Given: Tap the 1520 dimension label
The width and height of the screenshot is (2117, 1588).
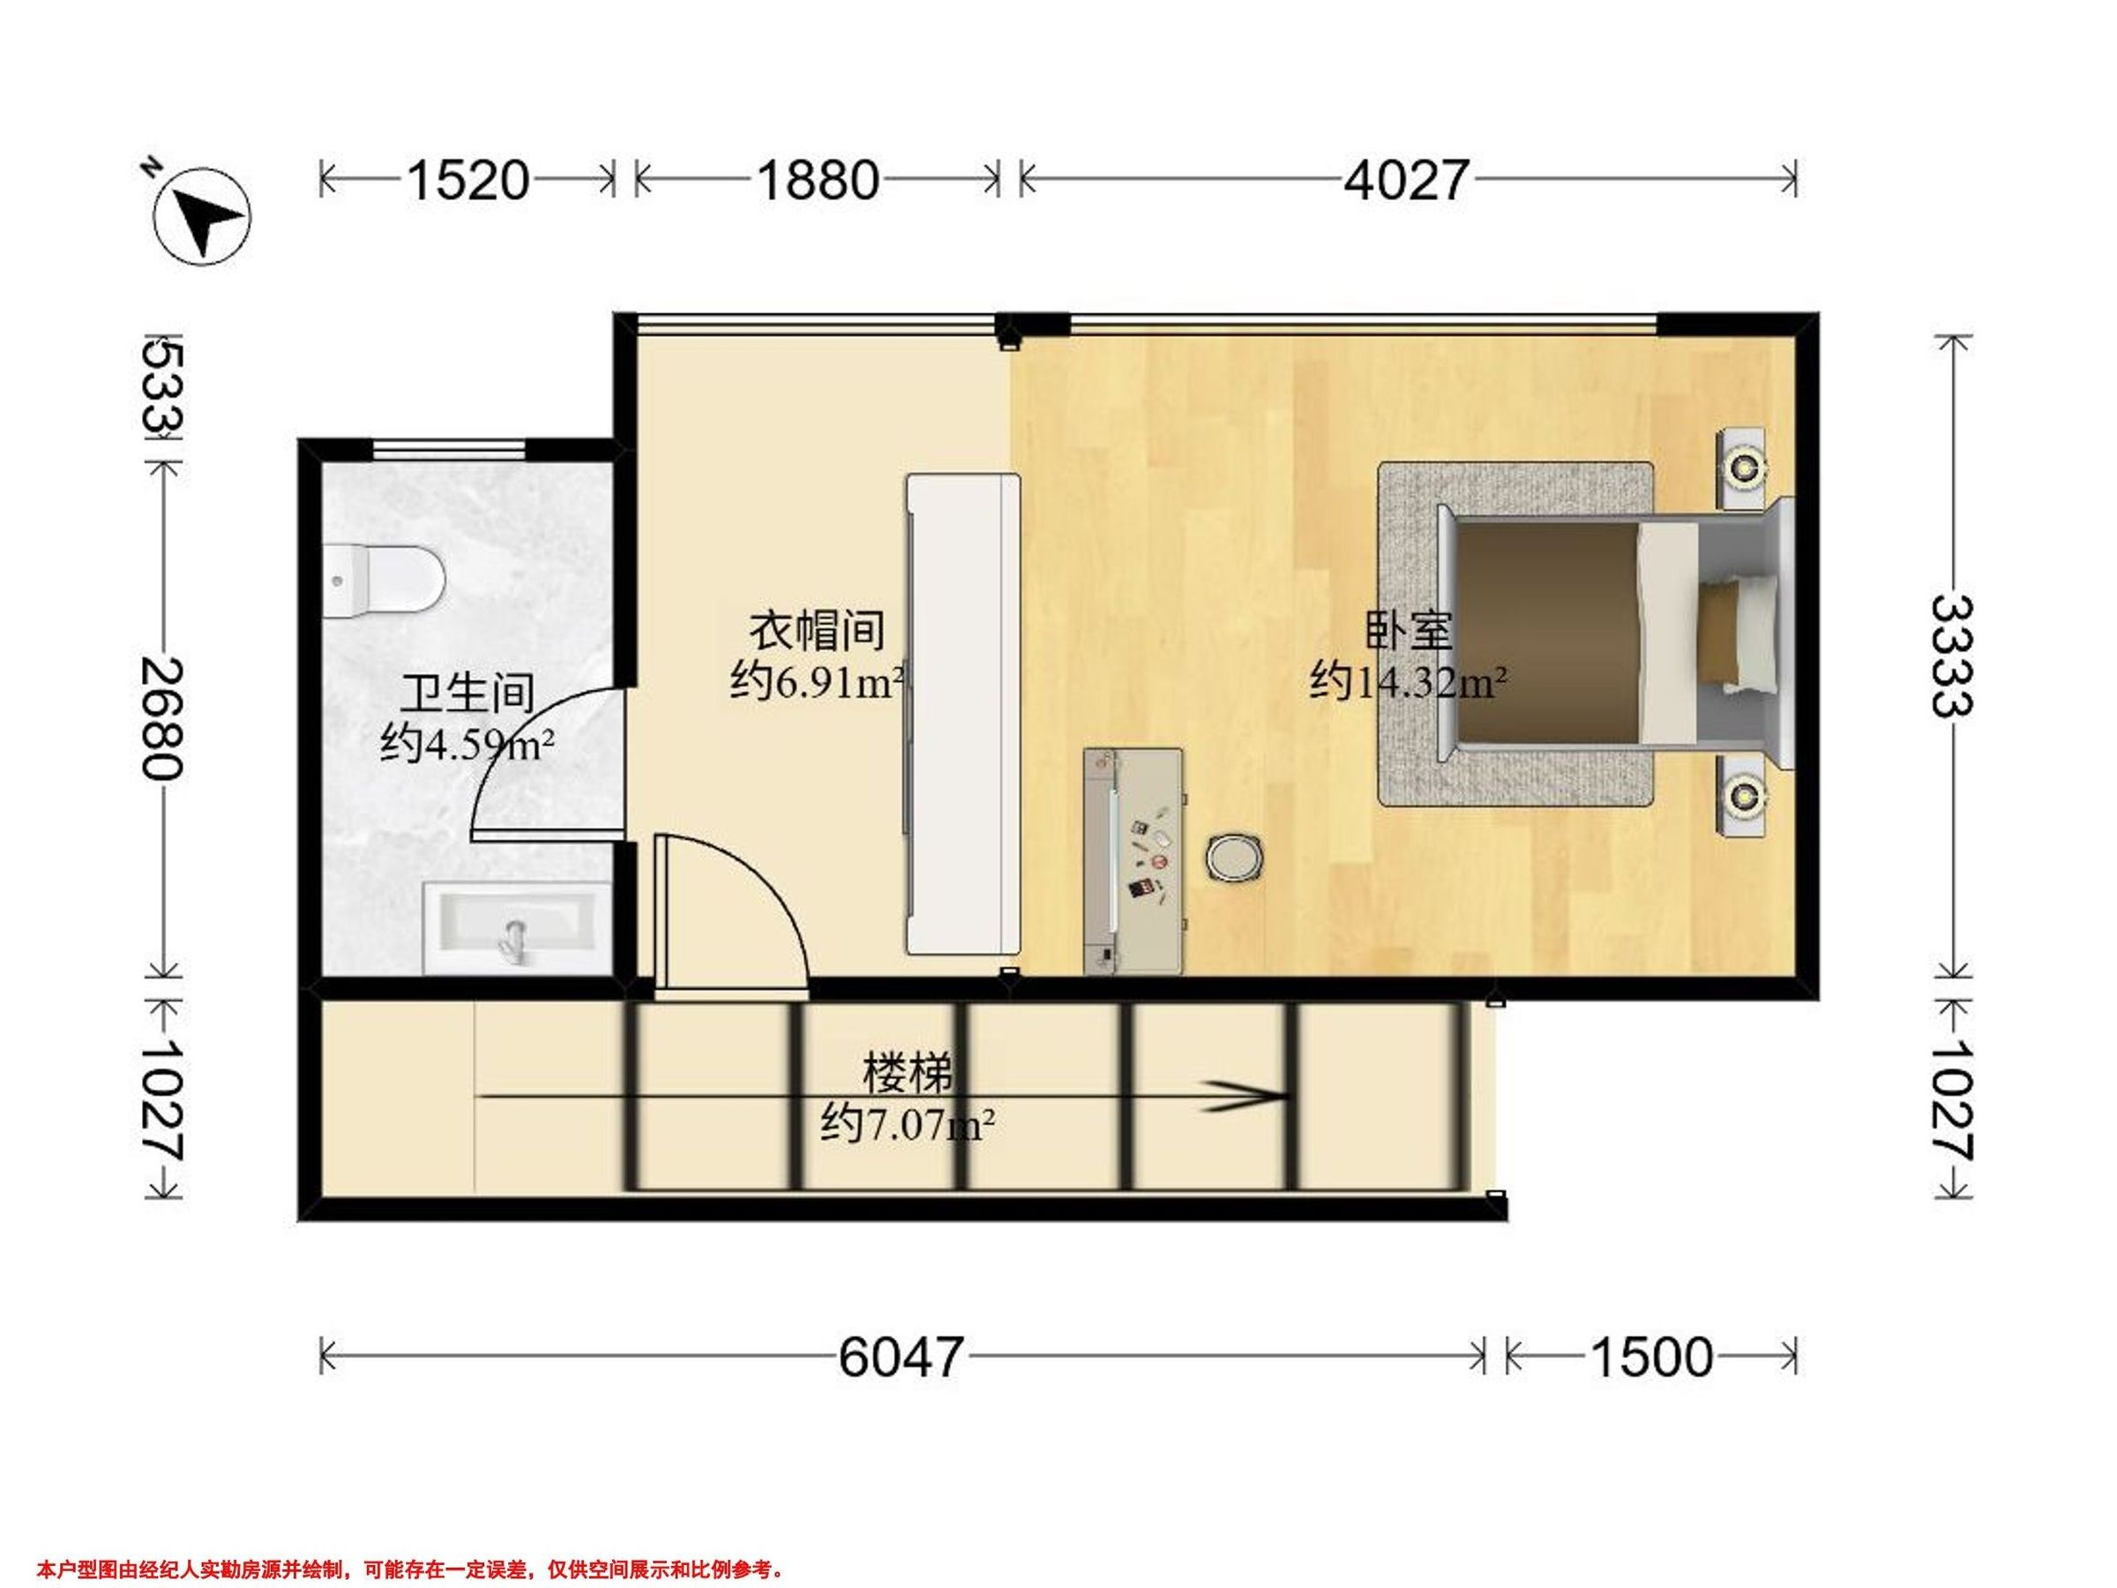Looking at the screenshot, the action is (x=468, y=180).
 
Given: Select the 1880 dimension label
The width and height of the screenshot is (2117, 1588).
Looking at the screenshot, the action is (x=818, y=180).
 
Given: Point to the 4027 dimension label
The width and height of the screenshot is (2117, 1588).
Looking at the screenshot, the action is (x=1405, y=180).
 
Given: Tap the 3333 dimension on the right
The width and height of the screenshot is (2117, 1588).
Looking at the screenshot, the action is (x=1949, y=655).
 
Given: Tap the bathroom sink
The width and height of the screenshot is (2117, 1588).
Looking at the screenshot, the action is (x=518, y=927).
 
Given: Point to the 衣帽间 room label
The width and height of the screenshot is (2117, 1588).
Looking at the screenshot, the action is (x=815, y=631).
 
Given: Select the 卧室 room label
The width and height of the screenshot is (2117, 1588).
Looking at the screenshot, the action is (x=1409, y=631).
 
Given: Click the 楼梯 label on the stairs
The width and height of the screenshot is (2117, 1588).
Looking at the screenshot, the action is (x=908, y=1073).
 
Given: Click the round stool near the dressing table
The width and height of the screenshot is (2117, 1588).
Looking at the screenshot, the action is (x=1235, y=856).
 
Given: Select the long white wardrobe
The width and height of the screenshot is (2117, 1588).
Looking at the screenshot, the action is (x=964, y=714).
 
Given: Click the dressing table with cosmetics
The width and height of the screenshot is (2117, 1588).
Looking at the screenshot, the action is (x=1135, y=861).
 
